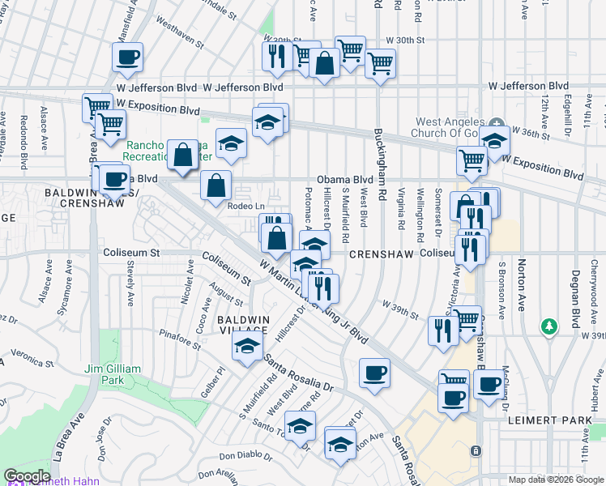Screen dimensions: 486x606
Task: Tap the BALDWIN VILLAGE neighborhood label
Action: [x=242, y=325]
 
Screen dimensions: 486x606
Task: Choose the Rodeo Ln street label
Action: [x=246, y=207]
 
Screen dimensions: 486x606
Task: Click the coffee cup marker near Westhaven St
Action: [x=127, y=58]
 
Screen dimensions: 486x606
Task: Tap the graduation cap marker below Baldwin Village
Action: [x=247, y=348]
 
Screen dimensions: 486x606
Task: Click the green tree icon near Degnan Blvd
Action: [x=549, y=326]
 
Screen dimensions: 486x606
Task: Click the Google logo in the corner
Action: [x=26, y=475]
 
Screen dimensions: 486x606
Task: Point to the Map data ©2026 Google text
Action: [x=555, y=480]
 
